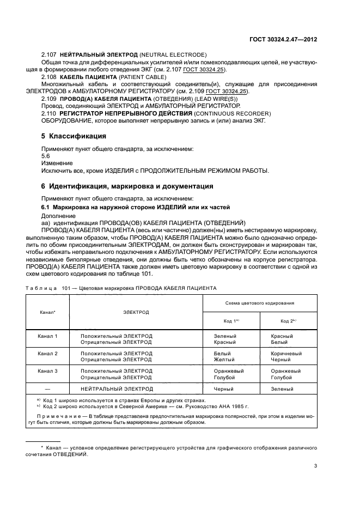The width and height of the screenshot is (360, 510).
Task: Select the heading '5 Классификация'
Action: tap(74, 136)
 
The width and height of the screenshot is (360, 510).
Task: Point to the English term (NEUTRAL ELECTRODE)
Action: tap(173, 55)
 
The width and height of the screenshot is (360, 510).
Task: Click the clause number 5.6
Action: tap(46, 155)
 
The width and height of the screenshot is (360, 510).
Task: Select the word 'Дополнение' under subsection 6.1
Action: tap(59, 216)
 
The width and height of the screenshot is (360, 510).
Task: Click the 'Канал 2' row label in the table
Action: tap(47, 354)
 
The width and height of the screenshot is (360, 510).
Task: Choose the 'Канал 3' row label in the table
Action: tap(47, 371)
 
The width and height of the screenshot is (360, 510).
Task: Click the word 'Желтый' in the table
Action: tap(225, 360)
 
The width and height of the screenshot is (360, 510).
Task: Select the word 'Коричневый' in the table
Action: tap(286, 354)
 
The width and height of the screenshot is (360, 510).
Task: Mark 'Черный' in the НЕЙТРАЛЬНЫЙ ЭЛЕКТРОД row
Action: tap(225, 389)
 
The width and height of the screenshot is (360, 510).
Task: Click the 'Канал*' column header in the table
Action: tap(47, 312)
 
